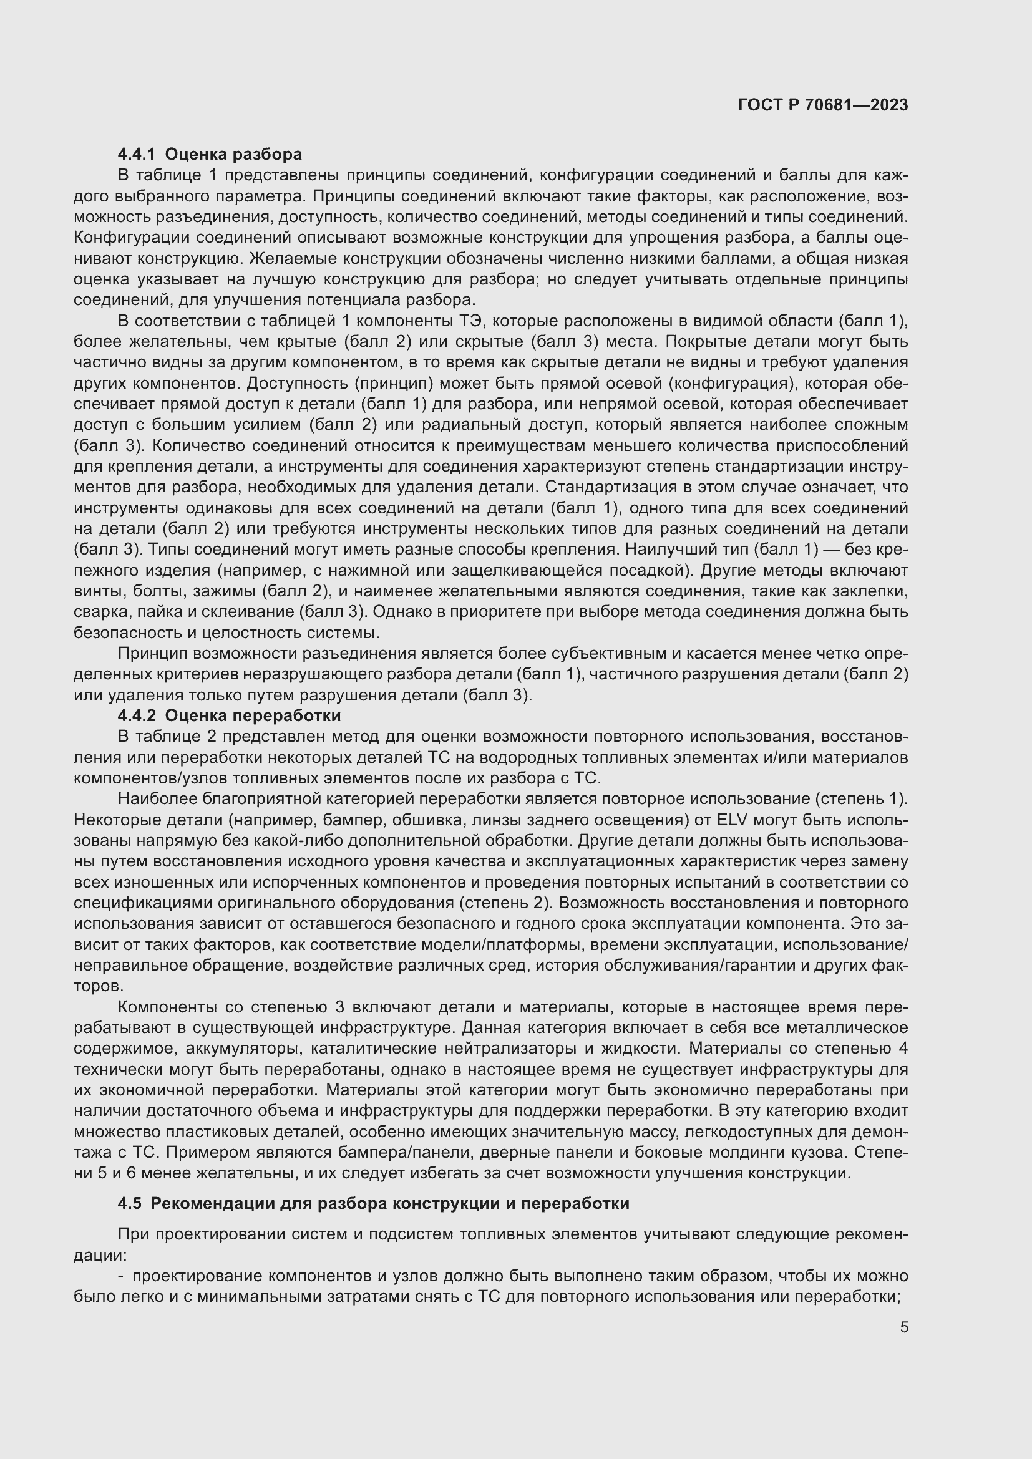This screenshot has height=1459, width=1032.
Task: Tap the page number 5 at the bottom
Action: coord(903,1327)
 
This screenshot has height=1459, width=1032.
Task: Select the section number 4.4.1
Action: coord(136,155)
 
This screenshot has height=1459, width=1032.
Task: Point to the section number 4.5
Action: coord(130,1203)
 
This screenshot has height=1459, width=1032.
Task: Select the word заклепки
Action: coord(874,591)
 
